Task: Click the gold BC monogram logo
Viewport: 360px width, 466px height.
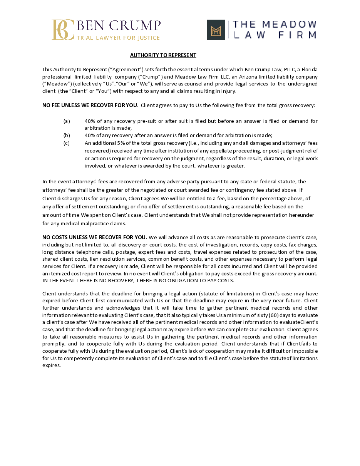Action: tap(63, 30)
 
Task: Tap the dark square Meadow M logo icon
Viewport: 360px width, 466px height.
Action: tap(216, 30)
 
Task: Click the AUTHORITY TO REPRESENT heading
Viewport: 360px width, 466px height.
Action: tap(163, 55)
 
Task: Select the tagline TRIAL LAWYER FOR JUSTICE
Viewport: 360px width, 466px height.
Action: tap(118, 38)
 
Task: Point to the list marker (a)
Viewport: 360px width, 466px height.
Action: tap(67, 121)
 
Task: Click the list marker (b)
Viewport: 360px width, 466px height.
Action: tap(67, 135)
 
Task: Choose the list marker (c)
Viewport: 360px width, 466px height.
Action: tap(67, 143)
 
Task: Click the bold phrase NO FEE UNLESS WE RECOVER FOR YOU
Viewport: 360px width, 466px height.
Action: tap(89, 105)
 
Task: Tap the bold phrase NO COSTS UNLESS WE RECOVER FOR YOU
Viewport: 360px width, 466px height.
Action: tap(94, 237)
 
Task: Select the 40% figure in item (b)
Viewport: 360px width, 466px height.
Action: tap(89, 135)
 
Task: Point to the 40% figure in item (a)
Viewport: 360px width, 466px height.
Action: tap(89, 121)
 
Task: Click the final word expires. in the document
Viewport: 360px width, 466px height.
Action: tap(52, 365)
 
